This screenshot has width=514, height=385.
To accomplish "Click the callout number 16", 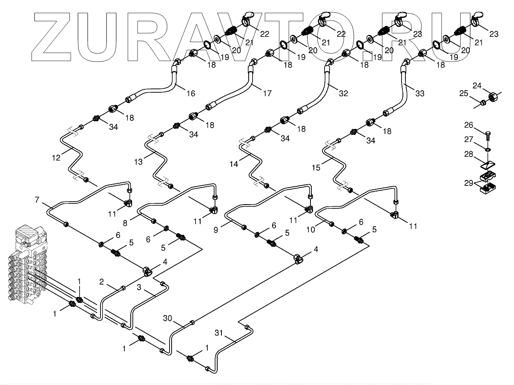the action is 191,93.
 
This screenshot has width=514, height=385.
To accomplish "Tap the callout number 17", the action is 267,93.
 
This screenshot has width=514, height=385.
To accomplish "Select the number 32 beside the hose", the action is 344,94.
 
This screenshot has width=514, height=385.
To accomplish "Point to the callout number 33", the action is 420,94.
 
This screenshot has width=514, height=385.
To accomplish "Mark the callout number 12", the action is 56,157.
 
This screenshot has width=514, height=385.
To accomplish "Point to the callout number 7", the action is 37,199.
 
